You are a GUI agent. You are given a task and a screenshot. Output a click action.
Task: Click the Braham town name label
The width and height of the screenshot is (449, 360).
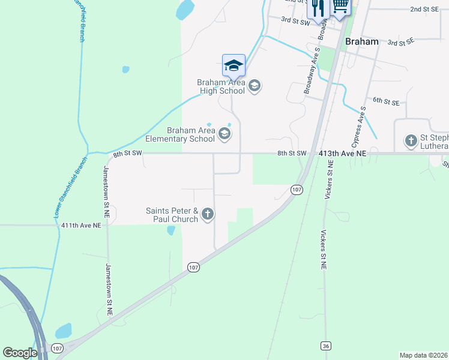[x=363, y=41]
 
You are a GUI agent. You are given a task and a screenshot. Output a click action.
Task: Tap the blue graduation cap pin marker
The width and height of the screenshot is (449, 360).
[x=234, y=65]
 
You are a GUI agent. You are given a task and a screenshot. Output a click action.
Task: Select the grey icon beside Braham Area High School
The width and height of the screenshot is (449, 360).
[x=254, y=86]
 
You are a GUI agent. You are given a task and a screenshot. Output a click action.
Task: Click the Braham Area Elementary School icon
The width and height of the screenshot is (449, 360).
[x=224, y=133]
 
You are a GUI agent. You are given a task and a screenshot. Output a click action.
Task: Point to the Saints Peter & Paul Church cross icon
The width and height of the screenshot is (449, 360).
[x=208, y=214]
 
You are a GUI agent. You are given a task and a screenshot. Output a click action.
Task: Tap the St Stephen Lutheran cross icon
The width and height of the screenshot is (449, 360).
[x=411, y=142]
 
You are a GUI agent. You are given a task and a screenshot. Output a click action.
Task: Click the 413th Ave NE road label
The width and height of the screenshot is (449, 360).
[x=343, y=154]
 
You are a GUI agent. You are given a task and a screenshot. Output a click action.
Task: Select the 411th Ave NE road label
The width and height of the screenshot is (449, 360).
[x=81, y=225]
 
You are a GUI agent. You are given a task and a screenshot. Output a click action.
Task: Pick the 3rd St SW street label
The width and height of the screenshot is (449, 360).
[x=295, y=21]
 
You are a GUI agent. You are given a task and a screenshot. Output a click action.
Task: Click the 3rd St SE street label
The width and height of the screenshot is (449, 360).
[x=401, y=43]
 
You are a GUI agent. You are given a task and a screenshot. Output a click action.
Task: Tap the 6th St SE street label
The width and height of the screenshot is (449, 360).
[x=386, y=102]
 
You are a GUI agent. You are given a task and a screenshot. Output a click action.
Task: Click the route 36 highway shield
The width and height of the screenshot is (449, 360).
[x=326, y=346]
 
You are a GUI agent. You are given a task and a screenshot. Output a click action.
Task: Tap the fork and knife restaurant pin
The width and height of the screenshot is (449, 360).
[x=317, y=8]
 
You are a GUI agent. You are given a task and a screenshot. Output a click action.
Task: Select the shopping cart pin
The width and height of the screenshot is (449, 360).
[x=340, y=7]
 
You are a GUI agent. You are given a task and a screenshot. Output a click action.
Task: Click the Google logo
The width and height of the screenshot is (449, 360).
[x=20, y=353]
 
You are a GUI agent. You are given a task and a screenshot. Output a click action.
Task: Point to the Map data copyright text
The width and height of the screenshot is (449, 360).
[x=423, y=355]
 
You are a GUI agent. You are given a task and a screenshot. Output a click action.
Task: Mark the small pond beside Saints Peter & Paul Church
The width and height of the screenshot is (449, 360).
[x=171, y=230]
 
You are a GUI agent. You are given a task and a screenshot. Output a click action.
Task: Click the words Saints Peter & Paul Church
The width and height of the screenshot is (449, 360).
[x=172, y=215]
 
